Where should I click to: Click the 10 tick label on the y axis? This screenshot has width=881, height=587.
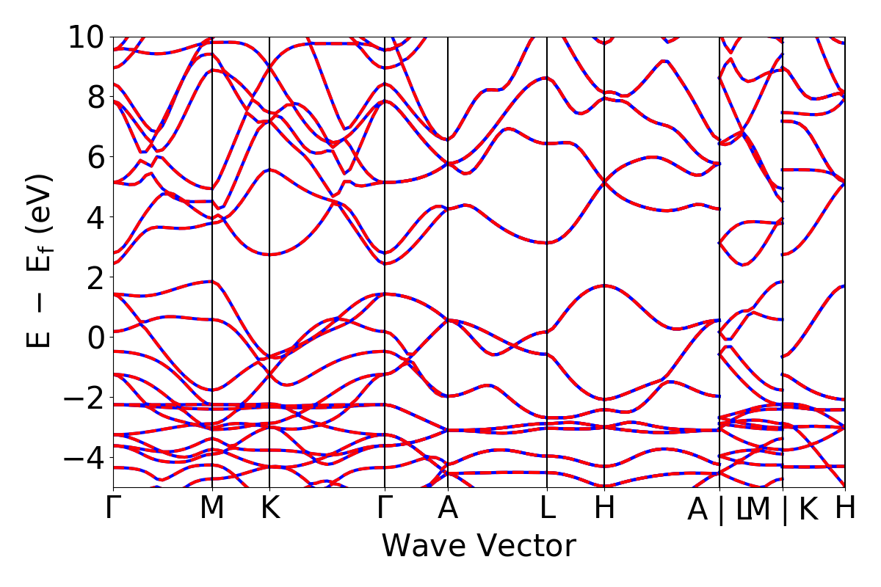pyautogui.click(x=87, y=37)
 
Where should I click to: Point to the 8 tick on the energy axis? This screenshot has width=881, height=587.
pyautogui.click(x=95, y=97)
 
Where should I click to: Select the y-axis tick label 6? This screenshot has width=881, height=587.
pyautogui.click(x=95, y=157)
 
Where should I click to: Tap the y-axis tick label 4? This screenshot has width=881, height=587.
pyautogui.click(x=95, y=217)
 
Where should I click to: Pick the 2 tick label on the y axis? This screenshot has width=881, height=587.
pyautogui.click(x=95, y=277)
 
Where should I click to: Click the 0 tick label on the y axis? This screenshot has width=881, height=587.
pyautogui.click(x=95, y=337)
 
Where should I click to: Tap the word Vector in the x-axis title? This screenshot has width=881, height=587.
pyautogui.click(x=523, y=547)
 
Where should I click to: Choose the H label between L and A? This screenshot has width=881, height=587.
pyautogui.click(x=604, y=508)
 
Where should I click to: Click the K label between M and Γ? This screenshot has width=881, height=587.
pyautogui.click(x=270, y=508)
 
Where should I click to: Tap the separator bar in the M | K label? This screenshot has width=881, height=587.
pyautogui.click(x=784, y=509)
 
